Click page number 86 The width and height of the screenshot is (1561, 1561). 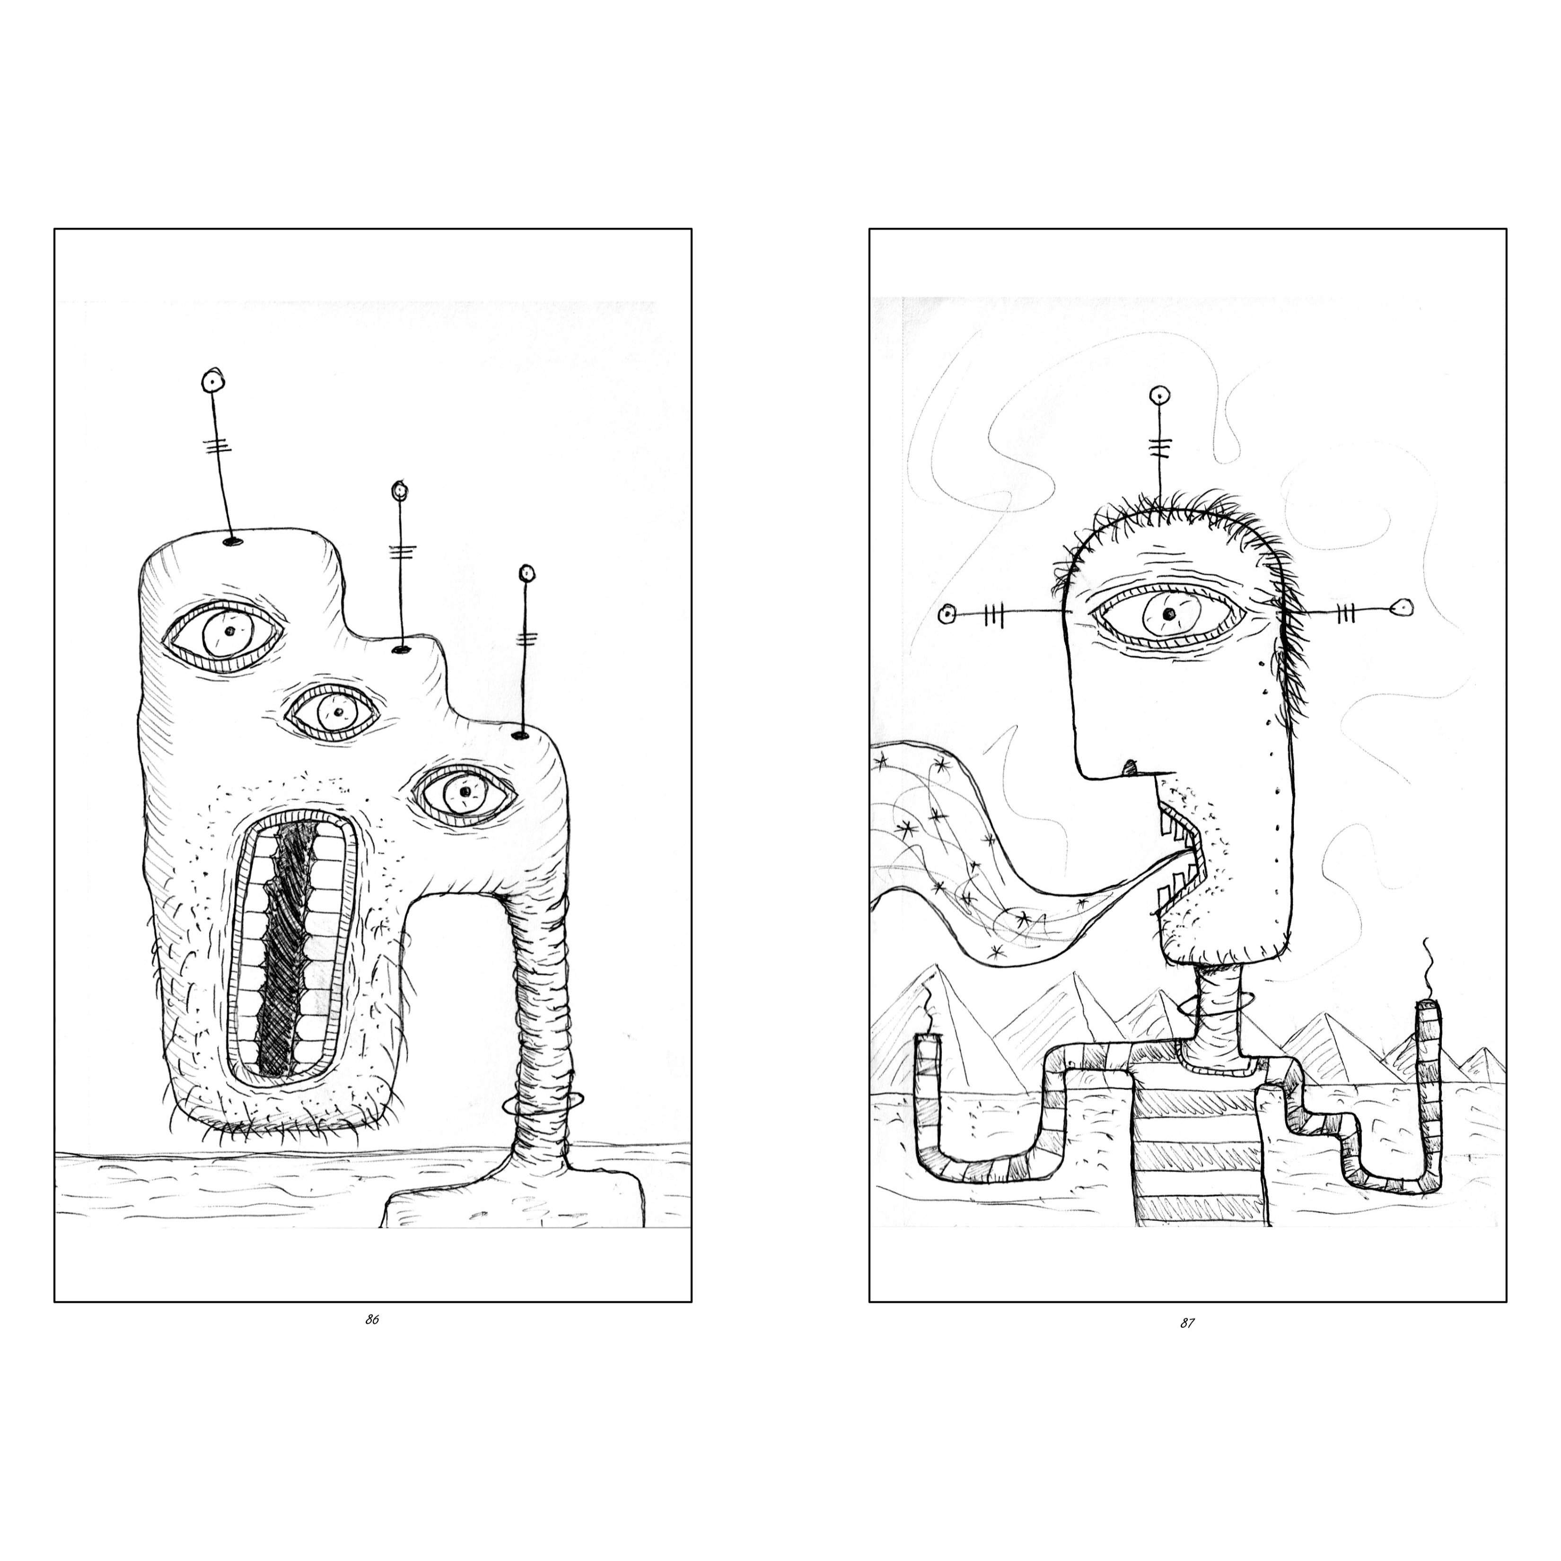pyautogui.click(x=372, y=1319)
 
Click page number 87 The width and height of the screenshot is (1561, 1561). pyautogui.click(x=1187, y=1323)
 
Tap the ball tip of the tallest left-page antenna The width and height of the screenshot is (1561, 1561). pyautogui.click(x=212, y=380)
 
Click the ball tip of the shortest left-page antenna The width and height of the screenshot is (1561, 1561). pyautogui.click(x=527, y=574)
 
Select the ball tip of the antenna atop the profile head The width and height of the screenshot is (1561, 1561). pyautogui.click(x=1159, y=395)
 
